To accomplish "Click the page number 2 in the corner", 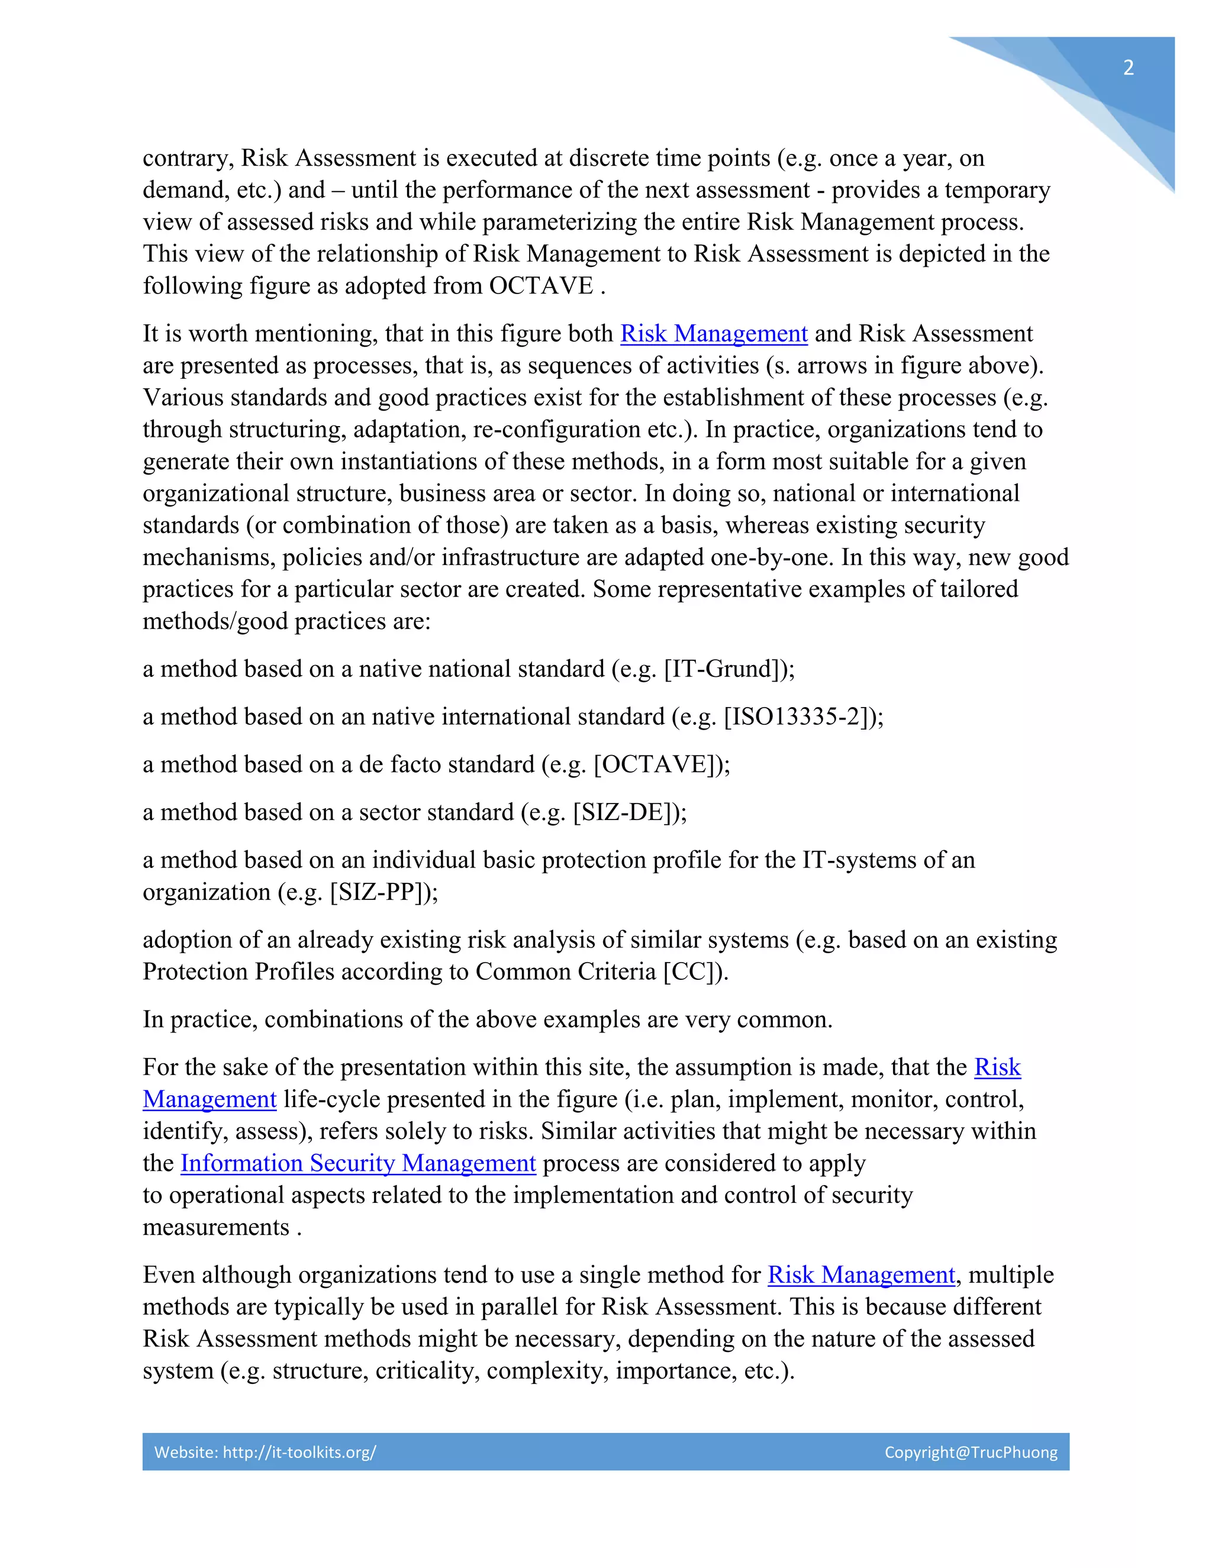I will (1128, 68).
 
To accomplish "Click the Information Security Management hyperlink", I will (357, 1163).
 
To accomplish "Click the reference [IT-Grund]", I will (726, 669).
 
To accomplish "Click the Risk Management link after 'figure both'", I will (714, 334).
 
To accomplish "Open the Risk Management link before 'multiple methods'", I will (861, 1275).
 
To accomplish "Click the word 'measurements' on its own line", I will (215, 1228).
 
